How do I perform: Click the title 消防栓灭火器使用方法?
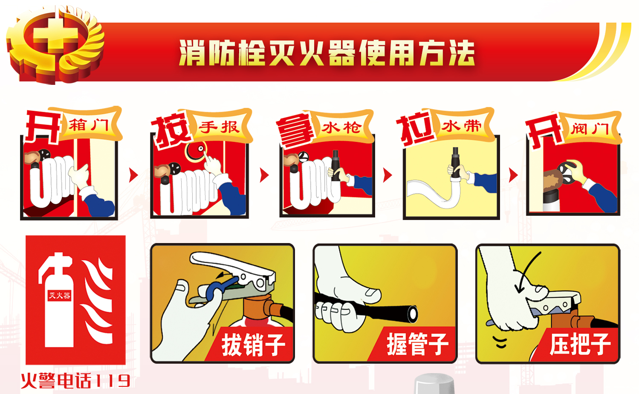[x=327, y=53]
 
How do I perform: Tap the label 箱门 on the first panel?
[x=89, y=125]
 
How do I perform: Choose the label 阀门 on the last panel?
[x=590, y=129]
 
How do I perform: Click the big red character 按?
[x=172, y=131]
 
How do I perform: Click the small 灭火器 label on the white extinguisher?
[x=59, y=295]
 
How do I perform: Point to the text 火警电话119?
[x=75, y=381]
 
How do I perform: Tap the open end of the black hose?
[x=413, y=314]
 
